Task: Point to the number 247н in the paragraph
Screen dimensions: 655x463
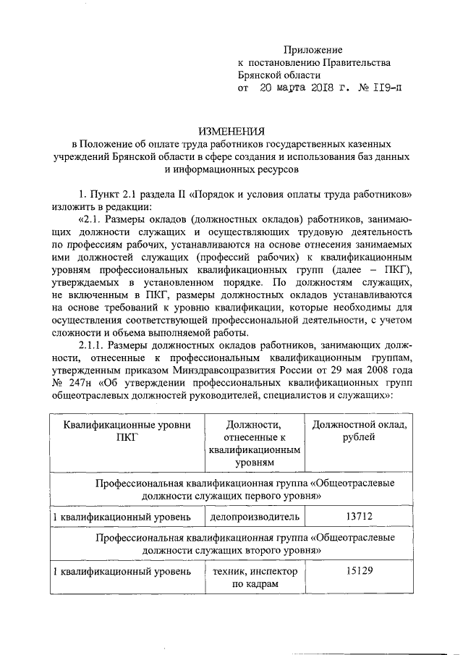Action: pyautogui.click(x=86, y=383)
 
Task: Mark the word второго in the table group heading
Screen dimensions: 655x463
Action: pyautogui.click(x=265, y=549)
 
